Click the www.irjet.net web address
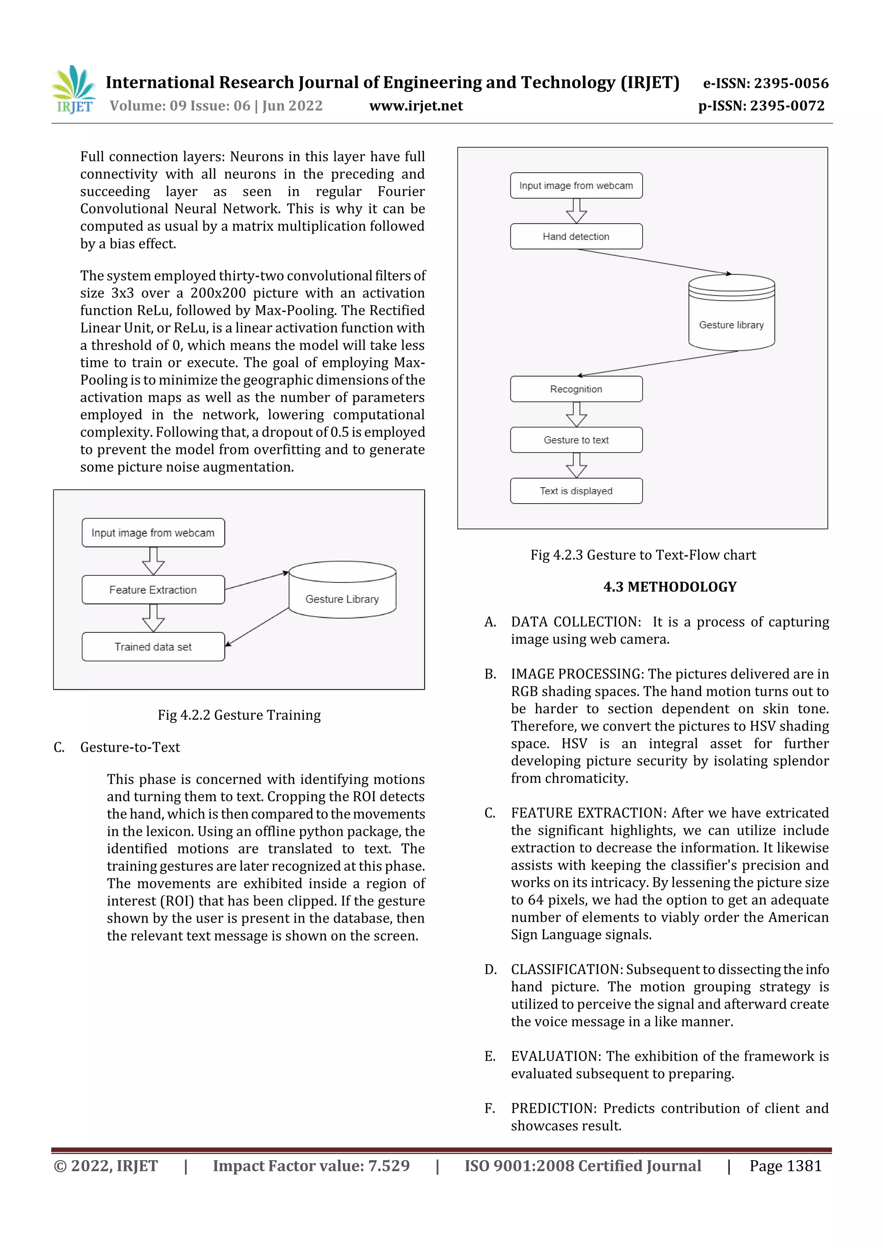416,106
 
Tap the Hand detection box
576,237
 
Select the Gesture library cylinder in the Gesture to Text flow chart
731,313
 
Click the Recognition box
576,389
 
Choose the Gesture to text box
576,440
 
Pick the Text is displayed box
576,491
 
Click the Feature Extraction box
153,590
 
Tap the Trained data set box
153,647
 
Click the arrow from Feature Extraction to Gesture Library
256,581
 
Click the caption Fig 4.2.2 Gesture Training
239,715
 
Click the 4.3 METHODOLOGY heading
669,587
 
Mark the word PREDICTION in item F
553,1108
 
